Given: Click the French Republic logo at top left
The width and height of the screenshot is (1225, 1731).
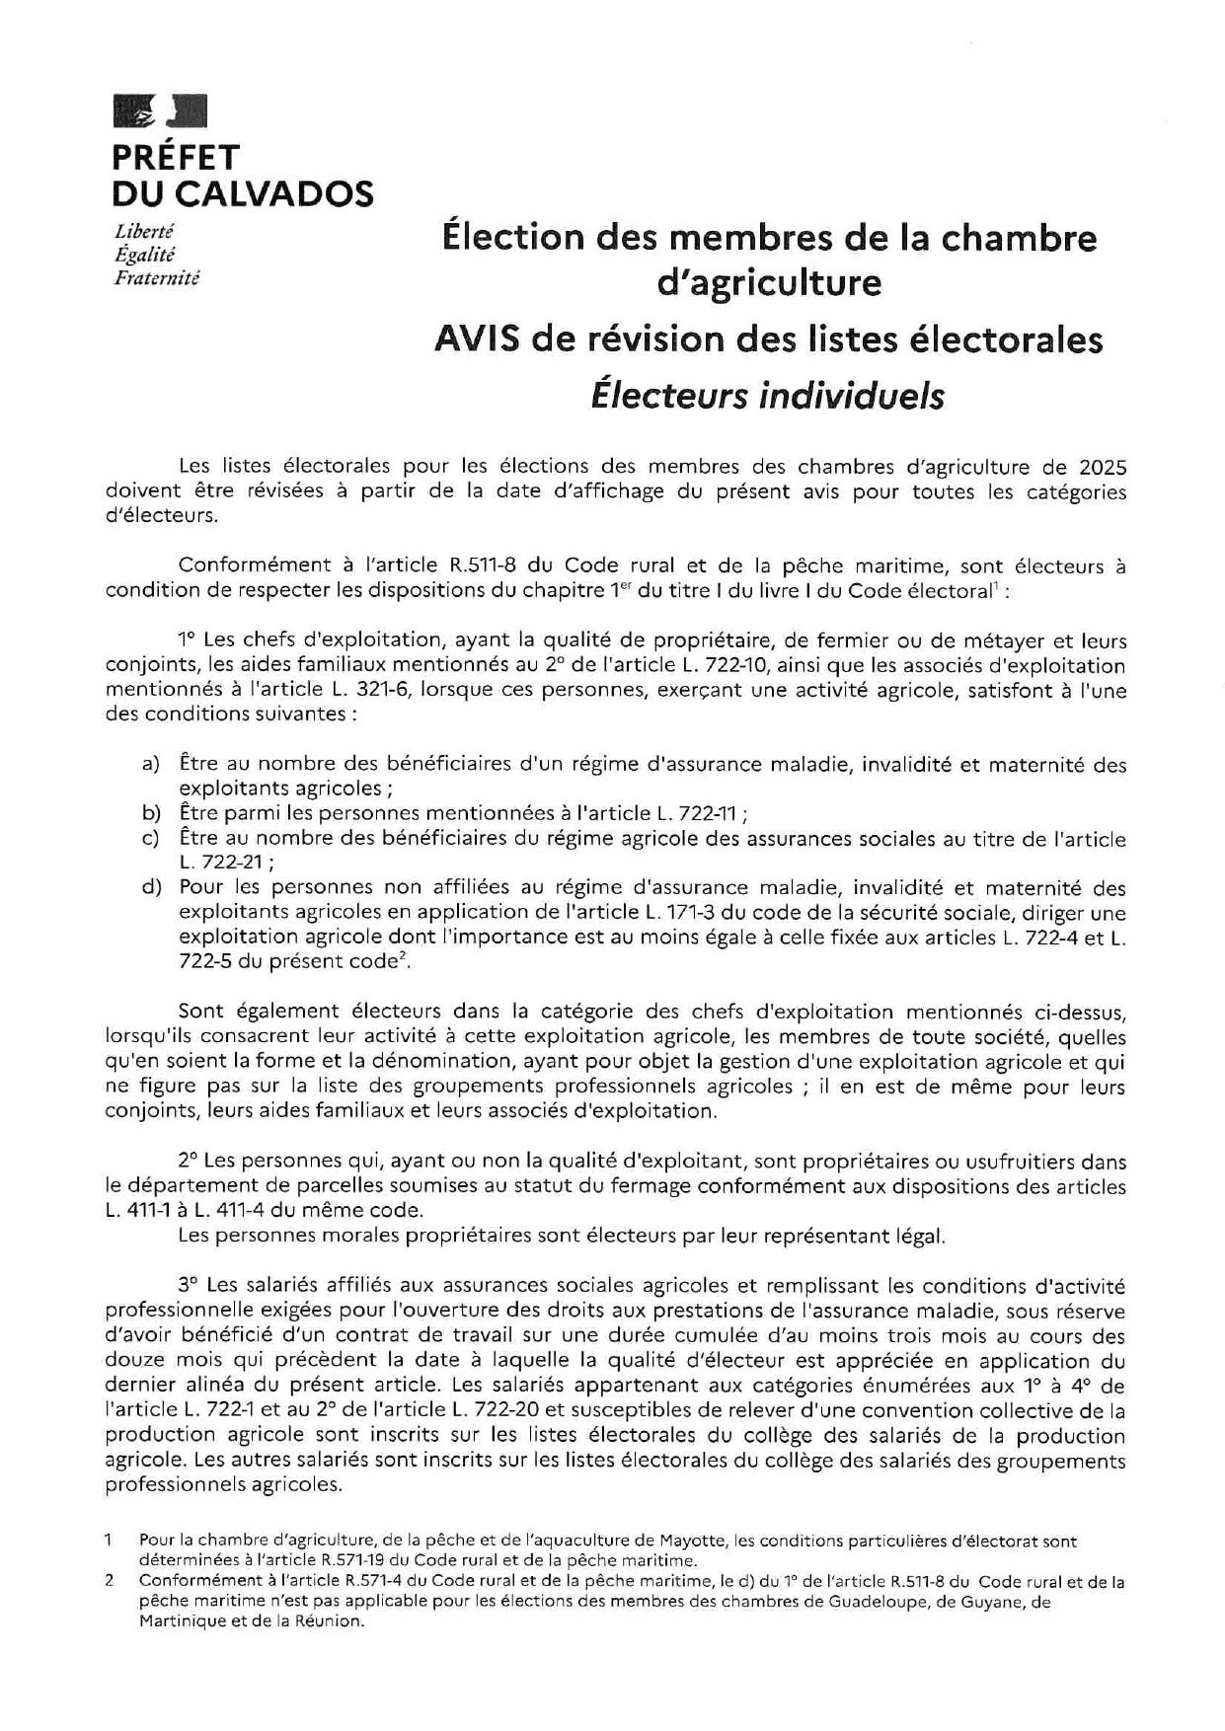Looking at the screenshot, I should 161,111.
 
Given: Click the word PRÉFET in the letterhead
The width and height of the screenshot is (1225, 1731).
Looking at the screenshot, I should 175,158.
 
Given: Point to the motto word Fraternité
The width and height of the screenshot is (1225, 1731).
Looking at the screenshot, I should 157,278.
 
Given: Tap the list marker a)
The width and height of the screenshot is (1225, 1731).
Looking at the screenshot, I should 150,764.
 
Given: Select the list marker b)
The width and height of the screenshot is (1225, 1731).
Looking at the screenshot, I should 150,813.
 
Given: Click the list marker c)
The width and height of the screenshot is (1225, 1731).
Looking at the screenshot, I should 150,839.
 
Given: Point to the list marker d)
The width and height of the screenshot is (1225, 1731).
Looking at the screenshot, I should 150,887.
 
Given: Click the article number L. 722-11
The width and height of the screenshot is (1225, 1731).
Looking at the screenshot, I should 697,814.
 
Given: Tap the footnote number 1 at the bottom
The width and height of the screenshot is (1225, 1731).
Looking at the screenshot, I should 110,1540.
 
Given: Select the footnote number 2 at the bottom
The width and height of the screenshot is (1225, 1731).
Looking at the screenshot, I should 110,1581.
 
